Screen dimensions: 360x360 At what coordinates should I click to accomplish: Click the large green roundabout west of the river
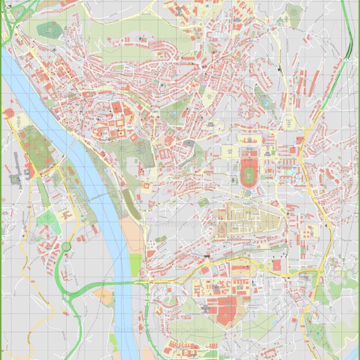point(66,246)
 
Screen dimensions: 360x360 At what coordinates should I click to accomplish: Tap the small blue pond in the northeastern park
point(265,101)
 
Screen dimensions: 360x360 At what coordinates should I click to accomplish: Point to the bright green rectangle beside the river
point(135,265)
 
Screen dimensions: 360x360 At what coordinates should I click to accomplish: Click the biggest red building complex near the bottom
point(226,310)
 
